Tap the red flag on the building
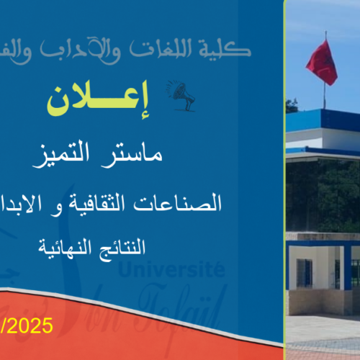click(321, 61)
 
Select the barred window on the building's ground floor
click(305, 272)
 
